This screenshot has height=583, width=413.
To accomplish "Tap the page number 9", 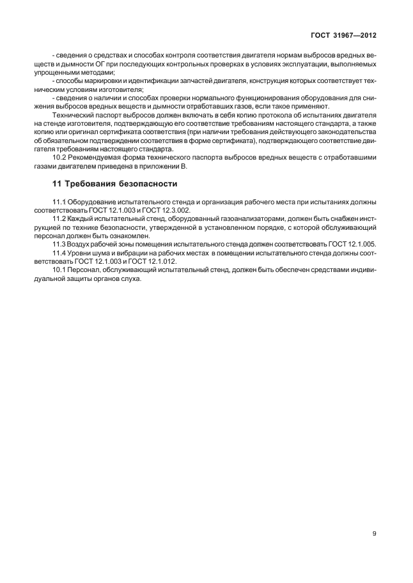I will click(x=374, y=533).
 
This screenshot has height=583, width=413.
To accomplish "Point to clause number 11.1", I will click(x=59, y=202).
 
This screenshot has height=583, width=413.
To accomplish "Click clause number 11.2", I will click(x=59, y=219).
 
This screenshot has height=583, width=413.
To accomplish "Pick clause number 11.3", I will click(x=59, y=244).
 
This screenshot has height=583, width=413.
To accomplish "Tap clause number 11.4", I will click(x=59, y=253).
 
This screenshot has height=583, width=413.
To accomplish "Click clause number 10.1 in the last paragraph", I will click(x=59, y=269).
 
